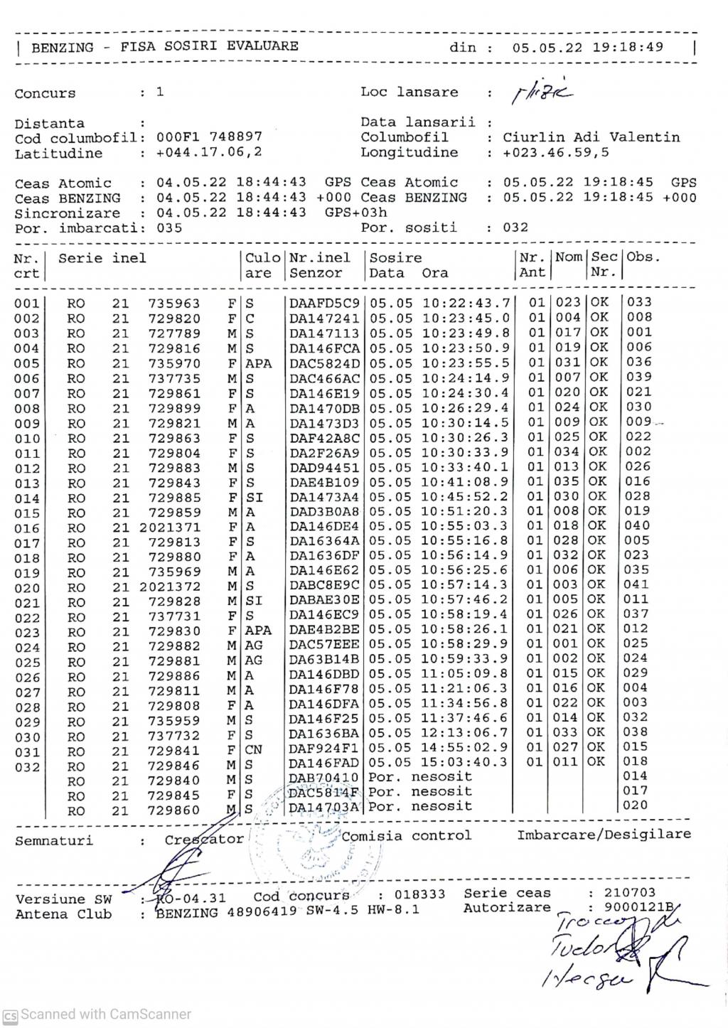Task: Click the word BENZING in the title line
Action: point(62,48)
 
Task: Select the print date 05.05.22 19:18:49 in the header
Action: point(587,48)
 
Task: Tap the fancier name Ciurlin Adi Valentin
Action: point(591,137)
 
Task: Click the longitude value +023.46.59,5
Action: point(555,152)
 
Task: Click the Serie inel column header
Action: point(102,259)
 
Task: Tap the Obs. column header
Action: point(643,257)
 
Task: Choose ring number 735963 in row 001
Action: point(174,304)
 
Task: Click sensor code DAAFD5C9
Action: point(324,304)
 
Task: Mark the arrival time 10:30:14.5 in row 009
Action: point(466,423)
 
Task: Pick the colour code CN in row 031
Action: point(253,748)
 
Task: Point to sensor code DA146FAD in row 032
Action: point(324,763)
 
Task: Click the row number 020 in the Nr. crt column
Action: point(27,588)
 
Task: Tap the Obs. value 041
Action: point(637,584)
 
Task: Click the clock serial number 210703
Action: point(630,893)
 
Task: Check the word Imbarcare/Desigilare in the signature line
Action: point(604,835)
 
